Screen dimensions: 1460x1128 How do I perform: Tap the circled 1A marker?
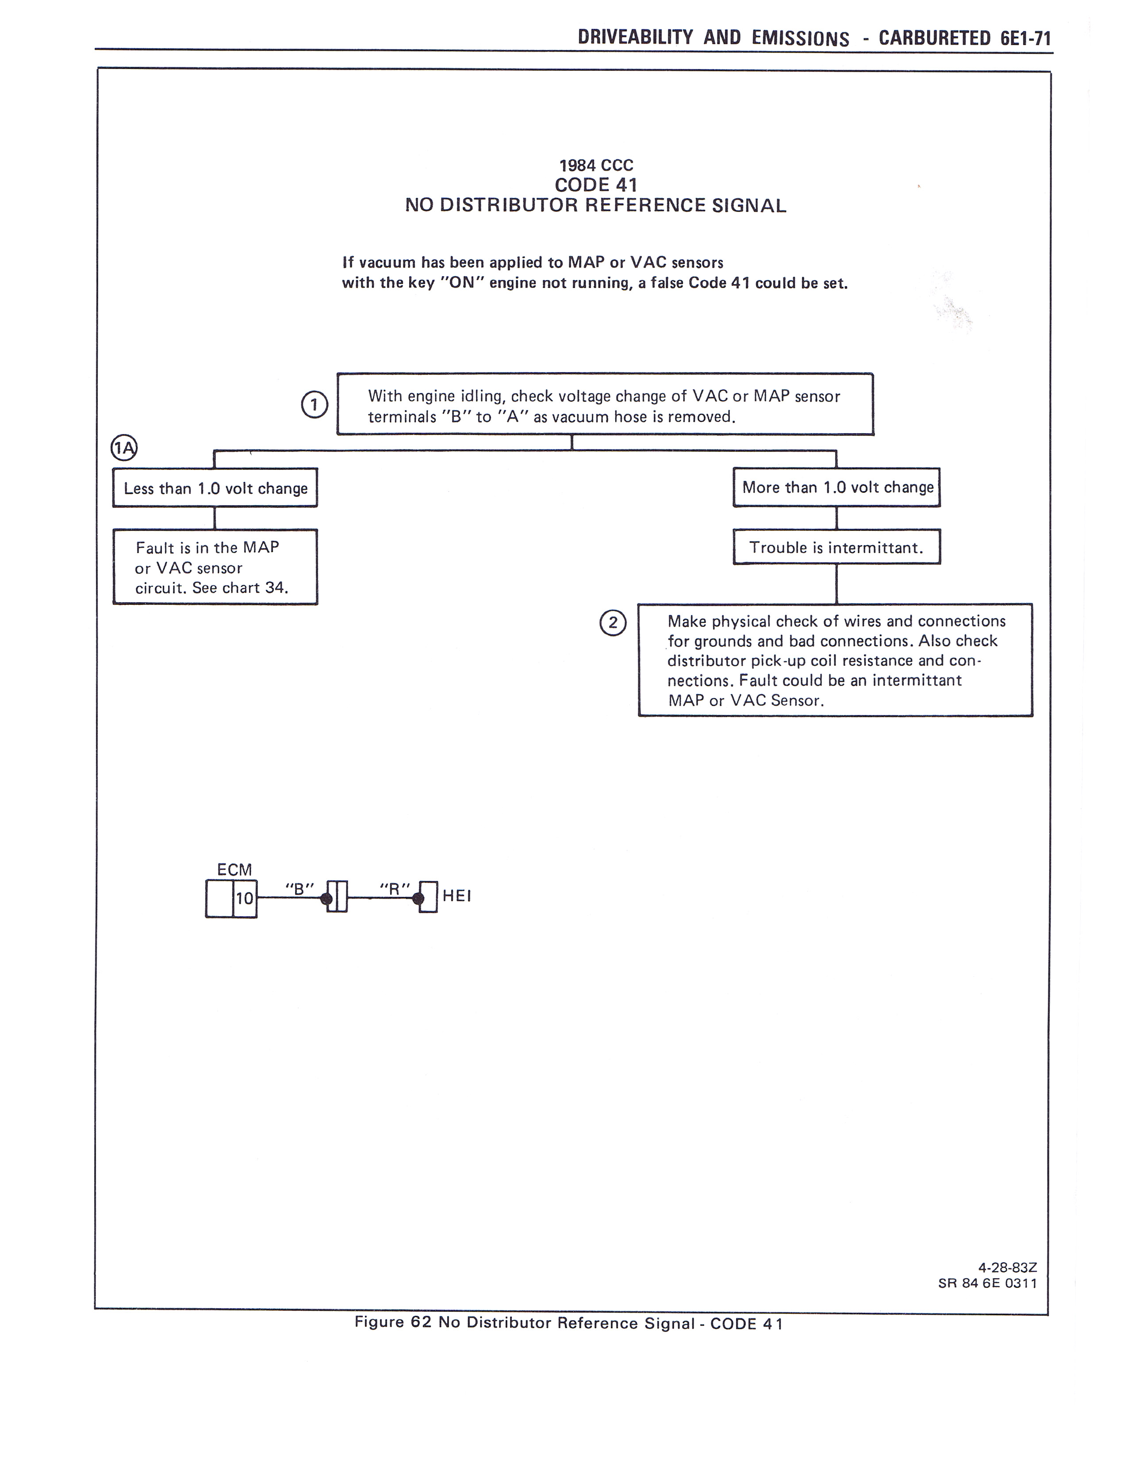[x=123, y=448]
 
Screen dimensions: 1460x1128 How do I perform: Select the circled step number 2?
[x=613, y=623]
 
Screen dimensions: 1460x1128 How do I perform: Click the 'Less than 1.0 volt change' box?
[x=215, y=488]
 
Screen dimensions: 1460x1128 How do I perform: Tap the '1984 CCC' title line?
[x=596, y=165]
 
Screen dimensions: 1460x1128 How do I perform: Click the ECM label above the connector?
[x=234, y=870]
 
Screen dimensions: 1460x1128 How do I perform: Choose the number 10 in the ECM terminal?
[x=245, y=898]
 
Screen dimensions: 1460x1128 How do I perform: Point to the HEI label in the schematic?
[x=457, y=896]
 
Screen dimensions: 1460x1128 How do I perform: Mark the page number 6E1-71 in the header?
[x=1026, y=38]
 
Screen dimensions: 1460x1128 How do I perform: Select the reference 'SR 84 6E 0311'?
[x=988, y=1283]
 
